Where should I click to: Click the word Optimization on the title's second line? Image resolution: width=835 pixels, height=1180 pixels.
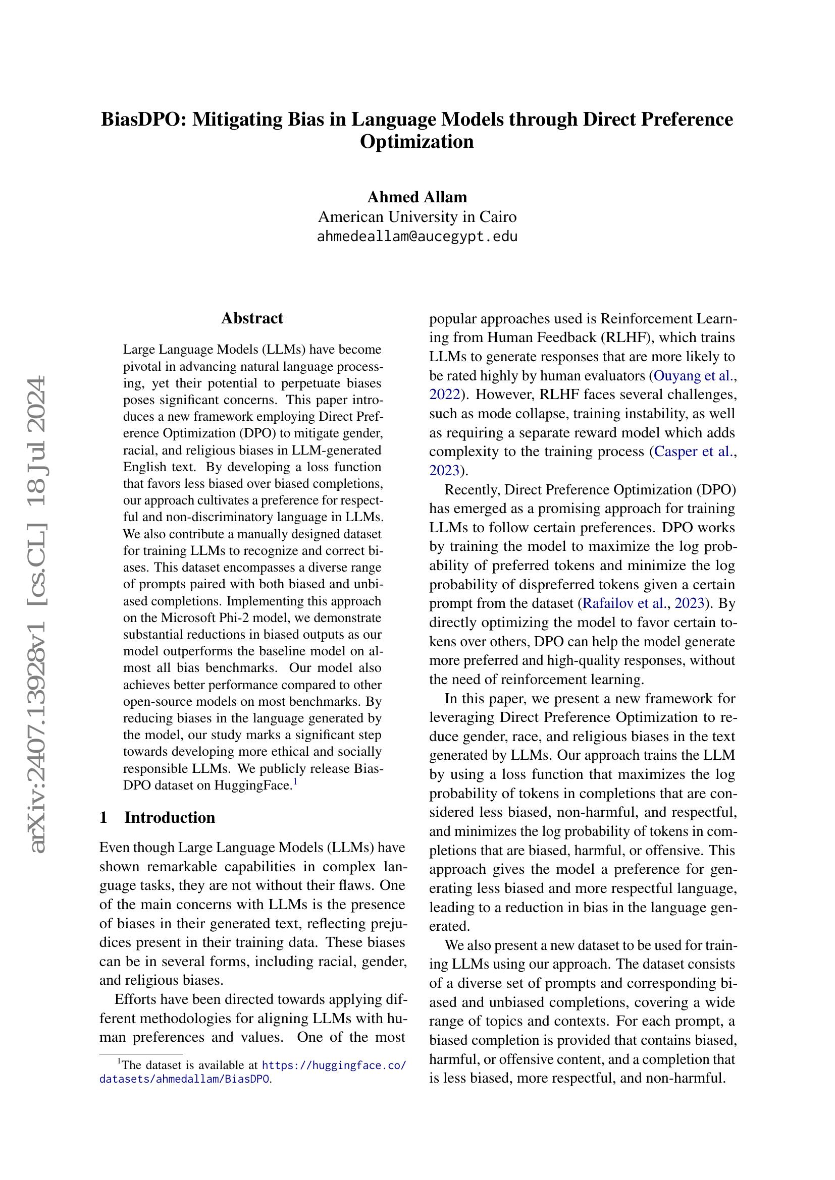[416, 141]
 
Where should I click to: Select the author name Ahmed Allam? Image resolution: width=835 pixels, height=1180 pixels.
[417, 197]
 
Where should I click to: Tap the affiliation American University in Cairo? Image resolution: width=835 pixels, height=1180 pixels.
[417, 217]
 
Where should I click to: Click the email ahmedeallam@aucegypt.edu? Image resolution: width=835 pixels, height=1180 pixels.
[417, 237]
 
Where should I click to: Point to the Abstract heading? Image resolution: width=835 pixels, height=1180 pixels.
[252, 318]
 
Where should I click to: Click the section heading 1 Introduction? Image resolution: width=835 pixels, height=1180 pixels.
[158, 817]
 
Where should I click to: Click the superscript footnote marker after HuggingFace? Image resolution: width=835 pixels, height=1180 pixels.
[295, 781]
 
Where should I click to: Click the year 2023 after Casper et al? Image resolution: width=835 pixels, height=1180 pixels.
[444, 470]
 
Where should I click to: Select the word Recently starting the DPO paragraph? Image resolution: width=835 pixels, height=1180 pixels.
[472, 489]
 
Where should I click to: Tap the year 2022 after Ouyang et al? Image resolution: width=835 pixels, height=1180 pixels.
[444, 395]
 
